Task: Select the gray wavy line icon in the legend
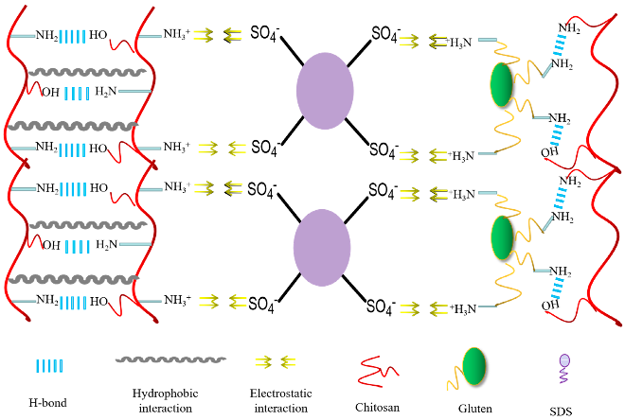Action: pyautogui.click(x=170, y=359)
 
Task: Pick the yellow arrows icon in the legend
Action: pyautogui.click(x=276, y=362)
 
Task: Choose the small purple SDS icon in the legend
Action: pyautogui.click(x=565, y=361)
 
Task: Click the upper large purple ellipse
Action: pyautogui.click(x=325, y=89)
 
